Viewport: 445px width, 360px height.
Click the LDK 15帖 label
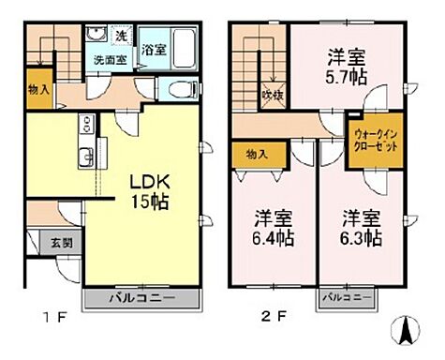(147, 190)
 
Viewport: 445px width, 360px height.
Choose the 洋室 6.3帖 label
(361, 228)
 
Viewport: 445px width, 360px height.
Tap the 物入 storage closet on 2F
(258, 153)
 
